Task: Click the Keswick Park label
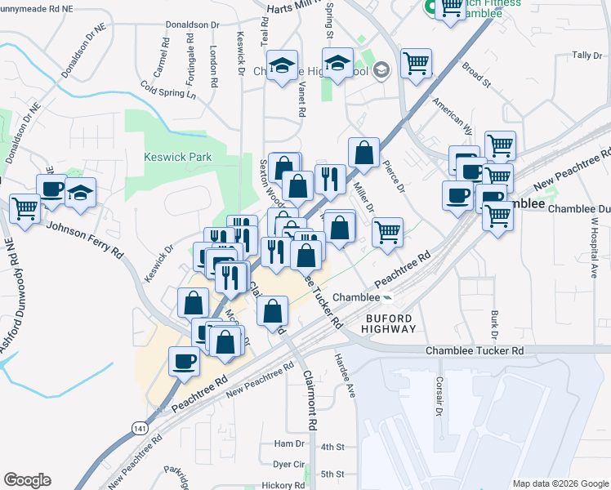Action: [x=177, y=157]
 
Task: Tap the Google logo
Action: [x=27, y=480]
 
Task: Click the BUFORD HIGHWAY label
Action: [x=379, y=323]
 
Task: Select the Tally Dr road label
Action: [x=586, y=55]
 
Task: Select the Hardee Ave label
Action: [x=345, y=375]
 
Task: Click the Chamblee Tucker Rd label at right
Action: [x=475, y=350]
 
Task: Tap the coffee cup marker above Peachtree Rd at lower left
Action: [x=185, y=359]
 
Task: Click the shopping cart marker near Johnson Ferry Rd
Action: [x=25, y=208]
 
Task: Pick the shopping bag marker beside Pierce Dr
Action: [x=363, y=152]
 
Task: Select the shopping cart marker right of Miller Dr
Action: [x=387, y=231]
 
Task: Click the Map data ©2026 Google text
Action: [x=560, y=483]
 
